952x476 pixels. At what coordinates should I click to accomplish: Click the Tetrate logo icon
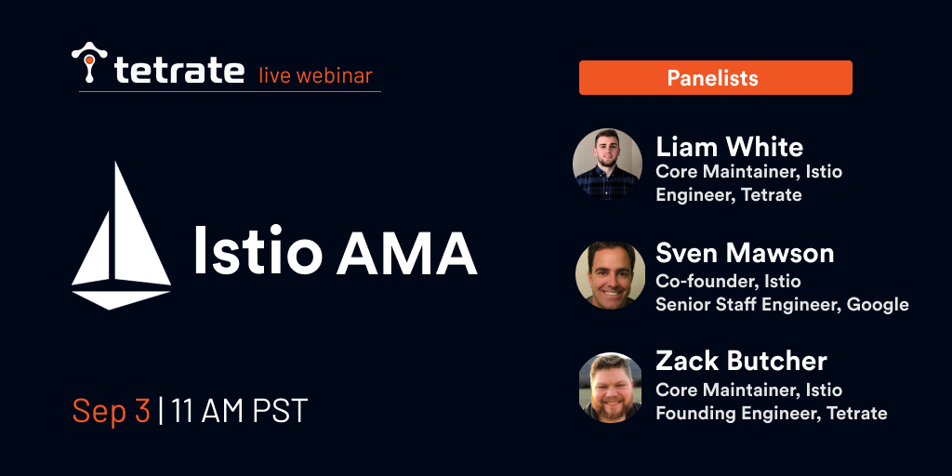coord(89,62)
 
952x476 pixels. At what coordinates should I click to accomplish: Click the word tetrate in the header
coord(179,70)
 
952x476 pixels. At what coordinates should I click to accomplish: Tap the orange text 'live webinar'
coord(316,75)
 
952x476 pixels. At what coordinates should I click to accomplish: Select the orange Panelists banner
coord(715,78)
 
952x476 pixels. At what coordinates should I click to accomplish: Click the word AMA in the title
coord(406,250)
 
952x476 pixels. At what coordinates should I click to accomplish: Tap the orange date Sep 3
coord(112,410)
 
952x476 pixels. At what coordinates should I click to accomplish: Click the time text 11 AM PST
coord(239,410)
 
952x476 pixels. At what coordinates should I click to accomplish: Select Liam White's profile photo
coord(607,164)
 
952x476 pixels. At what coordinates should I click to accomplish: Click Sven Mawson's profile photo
coord(610,275)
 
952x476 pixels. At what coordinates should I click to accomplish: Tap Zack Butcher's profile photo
coord(610,388)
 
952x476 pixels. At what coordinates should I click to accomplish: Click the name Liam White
coord(729,147)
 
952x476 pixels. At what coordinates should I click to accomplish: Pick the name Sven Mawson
coord(745,253)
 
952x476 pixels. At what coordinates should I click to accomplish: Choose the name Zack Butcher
coord(741,362)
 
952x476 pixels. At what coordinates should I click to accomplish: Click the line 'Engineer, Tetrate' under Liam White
coord(729,195)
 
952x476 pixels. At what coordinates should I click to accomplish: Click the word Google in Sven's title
coord(878,305)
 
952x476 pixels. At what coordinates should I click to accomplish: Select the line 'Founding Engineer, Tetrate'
coord(772,414)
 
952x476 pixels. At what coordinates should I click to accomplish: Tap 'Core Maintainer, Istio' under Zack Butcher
coord(748,390)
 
